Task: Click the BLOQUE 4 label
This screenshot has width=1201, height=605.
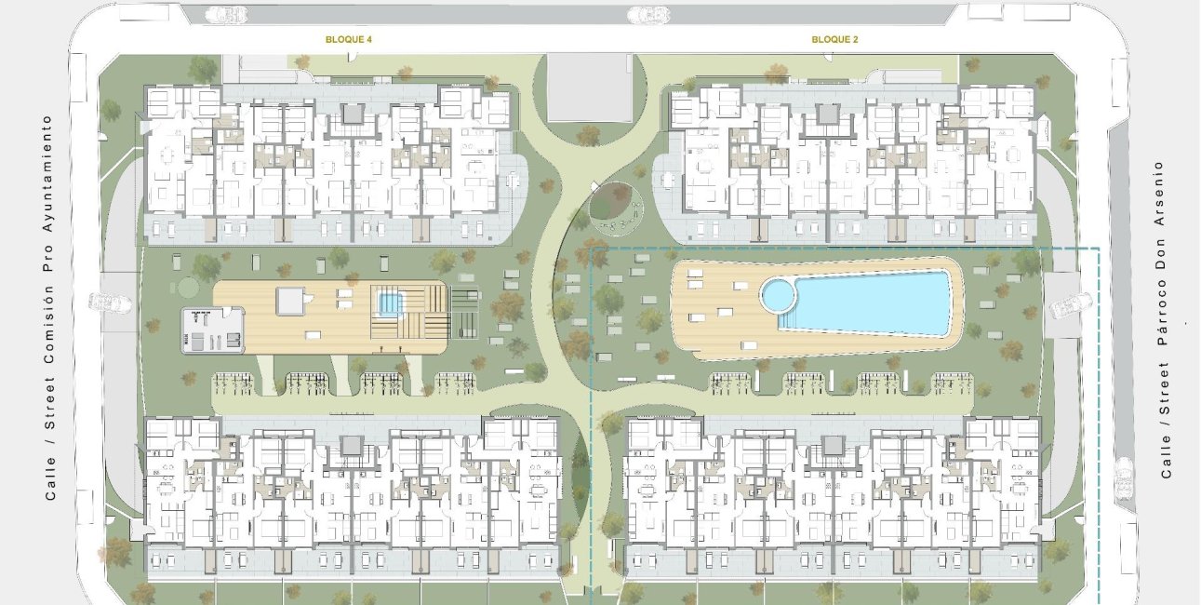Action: click(349, 40)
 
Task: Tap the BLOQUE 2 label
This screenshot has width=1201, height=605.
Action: click(834, 40)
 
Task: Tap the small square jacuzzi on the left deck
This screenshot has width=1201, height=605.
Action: click(386, 302)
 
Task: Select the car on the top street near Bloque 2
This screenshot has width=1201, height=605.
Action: click(647, 14)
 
